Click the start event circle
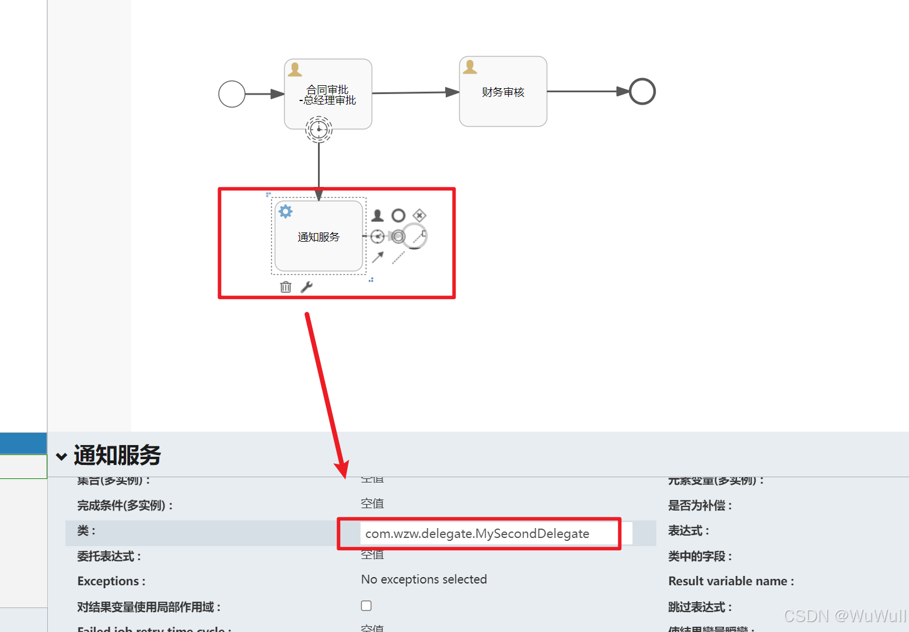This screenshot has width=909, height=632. point(232,94)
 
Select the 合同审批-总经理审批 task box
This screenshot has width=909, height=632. point(328,95)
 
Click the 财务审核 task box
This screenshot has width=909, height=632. point(503,92)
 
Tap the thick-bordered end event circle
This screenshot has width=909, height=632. point(642,92)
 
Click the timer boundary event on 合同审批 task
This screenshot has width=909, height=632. point(319,129)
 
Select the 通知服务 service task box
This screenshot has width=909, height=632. point(319,237)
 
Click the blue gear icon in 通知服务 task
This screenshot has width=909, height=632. point(285,211)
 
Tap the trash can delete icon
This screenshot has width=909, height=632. point(285,287)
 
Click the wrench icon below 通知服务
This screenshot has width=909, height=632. point(306,287)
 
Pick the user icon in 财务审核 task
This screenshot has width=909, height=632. point(470,68)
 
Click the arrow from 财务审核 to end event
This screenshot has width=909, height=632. point(586,92)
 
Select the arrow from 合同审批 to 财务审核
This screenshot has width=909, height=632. point(414,93)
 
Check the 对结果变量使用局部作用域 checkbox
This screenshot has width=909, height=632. point(366,606)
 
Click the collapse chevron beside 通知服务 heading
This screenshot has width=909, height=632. point(61,456)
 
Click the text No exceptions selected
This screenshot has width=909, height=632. point(424,579)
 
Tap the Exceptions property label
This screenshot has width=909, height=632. point(111,581)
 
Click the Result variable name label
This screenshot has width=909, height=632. point(730,581)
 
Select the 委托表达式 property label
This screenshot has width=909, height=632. point(109,556)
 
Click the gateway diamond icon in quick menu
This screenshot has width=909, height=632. point(419,216)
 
